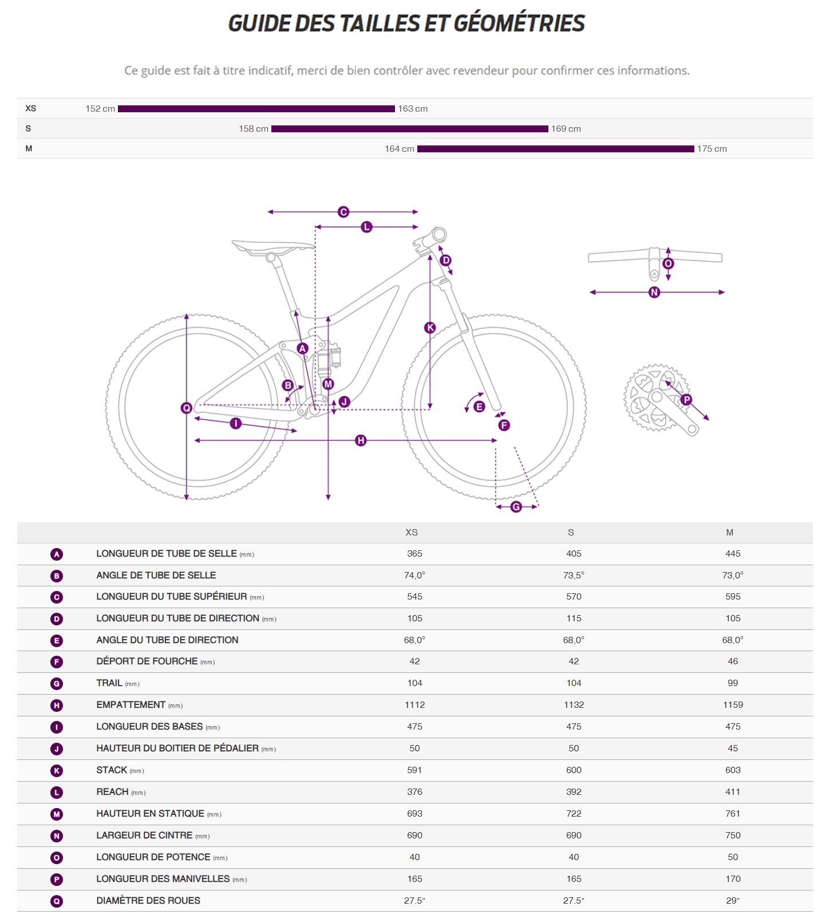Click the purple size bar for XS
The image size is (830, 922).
[256, 109]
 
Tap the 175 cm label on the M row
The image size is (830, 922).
[712, 149]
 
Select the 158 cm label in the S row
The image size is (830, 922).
[254, 129]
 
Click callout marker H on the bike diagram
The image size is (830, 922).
[361, 440]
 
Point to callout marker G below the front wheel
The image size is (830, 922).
[516, 507]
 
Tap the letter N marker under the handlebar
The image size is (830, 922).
[654, 293]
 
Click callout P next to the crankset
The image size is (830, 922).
[686, 400]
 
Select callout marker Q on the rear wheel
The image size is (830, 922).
[186, 408]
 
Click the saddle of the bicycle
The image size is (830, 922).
[273, 247]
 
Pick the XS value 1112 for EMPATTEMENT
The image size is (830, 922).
[414, 705]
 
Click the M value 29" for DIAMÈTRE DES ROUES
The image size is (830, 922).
[733, 901]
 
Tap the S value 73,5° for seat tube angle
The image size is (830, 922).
[574, 576]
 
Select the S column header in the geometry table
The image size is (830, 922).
[571, 533]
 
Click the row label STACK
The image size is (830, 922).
[112, 770]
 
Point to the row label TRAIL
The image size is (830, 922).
[109, 683]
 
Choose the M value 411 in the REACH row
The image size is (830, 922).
[733, 792]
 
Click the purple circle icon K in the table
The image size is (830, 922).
[57, 771]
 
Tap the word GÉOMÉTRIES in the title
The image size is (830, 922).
[519, 23]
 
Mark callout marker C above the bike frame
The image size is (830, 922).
[343, 212]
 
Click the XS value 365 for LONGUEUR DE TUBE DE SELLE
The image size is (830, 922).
[414, 554]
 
